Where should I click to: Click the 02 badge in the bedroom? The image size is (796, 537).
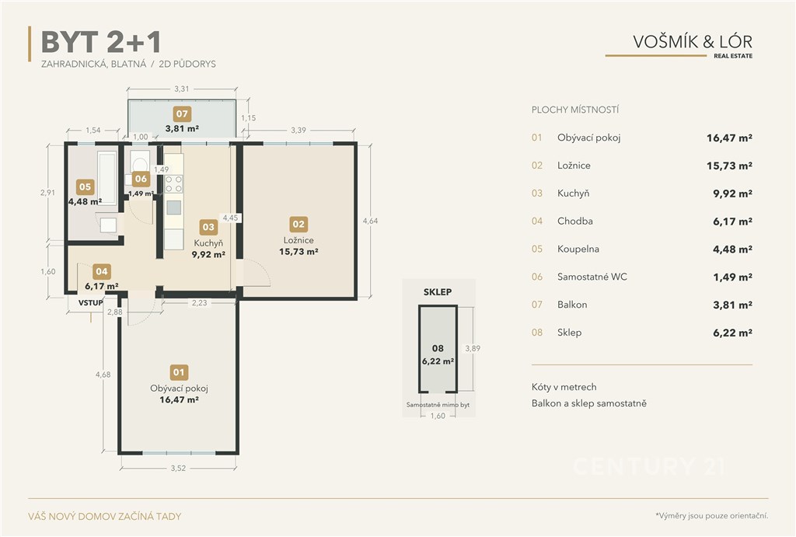click(298, 224)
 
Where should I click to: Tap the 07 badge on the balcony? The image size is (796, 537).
click(182, 113)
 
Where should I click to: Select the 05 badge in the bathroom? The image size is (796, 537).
click(86, 187)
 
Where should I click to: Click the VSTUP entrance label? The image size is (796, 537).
click(90, 303)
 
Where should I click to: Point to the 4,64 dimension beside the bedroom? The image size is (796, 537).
click(370, 221)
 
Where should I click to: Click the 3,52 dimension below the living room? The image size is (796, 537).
click(178, 468)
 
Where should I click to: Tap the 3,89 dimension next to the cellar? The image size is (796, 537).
click(473, 348)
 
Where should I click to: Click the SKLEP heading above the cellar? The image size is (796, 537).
click(438, 292)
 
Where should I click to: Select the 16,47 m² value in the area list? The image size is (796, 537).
click(729, 138)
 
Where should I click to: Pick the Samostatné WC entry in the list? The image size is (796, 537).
click(592, 277)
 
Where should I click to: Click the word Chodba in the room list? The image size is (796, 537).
click(575, 221)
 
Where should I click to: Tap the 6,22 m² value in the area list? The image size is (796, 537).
click(732, 333)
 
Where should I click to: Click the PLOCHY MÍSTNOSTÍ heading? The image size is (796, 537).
click(575, 110)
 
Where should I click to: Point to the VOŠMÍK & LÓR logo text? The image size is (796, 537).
click(693, 41)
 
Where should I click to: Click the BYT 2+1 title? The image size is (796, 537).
click(101, 42)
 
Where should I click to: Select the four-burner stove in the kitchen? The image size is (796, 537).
click(173, 184)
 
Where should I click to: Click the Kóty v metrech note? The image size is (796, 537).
click(564, 387)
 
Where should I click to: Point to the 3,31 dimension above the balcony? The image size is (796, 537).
click(182, 89)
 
